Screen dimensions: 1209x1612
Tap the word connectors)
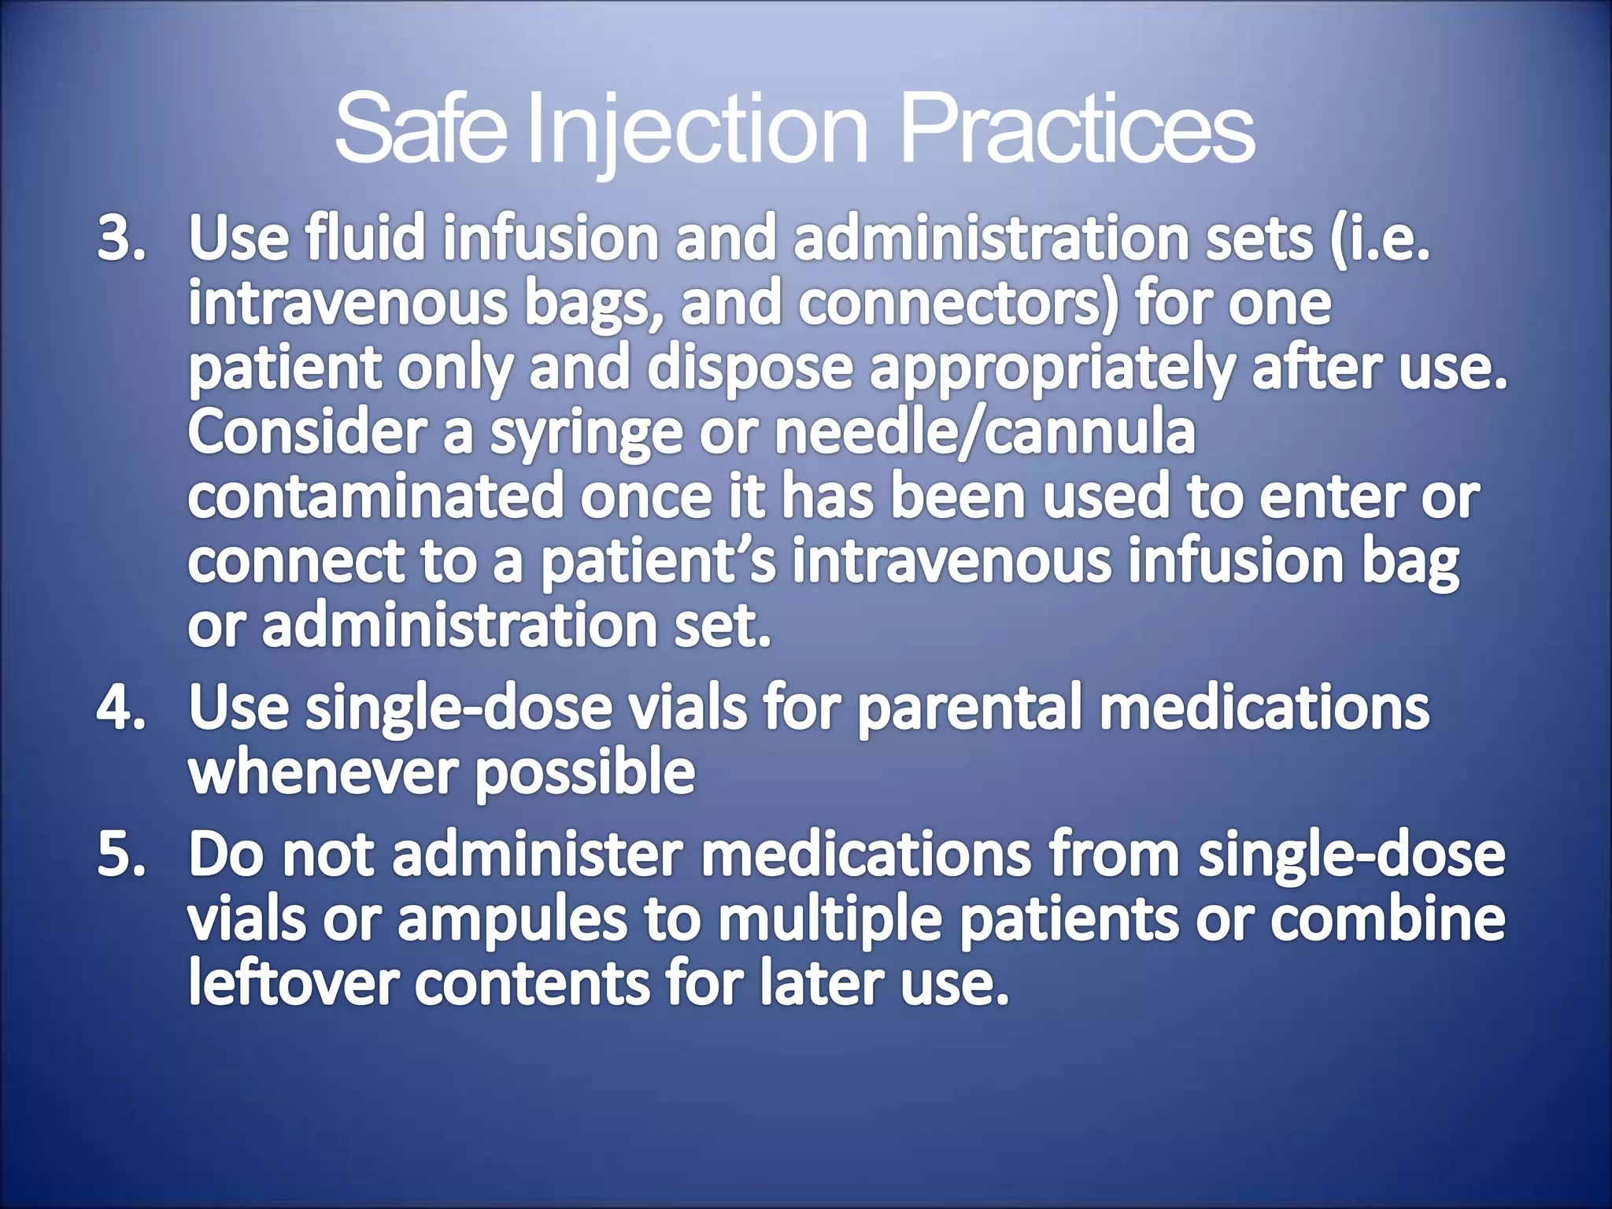click(x=957, y=305)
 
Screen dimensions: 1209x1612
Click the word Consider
click(x=307, y=433)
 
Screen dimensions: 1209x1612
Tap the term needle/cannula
click(x=984, y=433)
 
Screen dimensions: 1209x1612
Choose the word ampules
click(x=512, y=920)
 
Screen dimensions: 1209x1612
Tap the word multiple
click(x=830, y=920)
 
